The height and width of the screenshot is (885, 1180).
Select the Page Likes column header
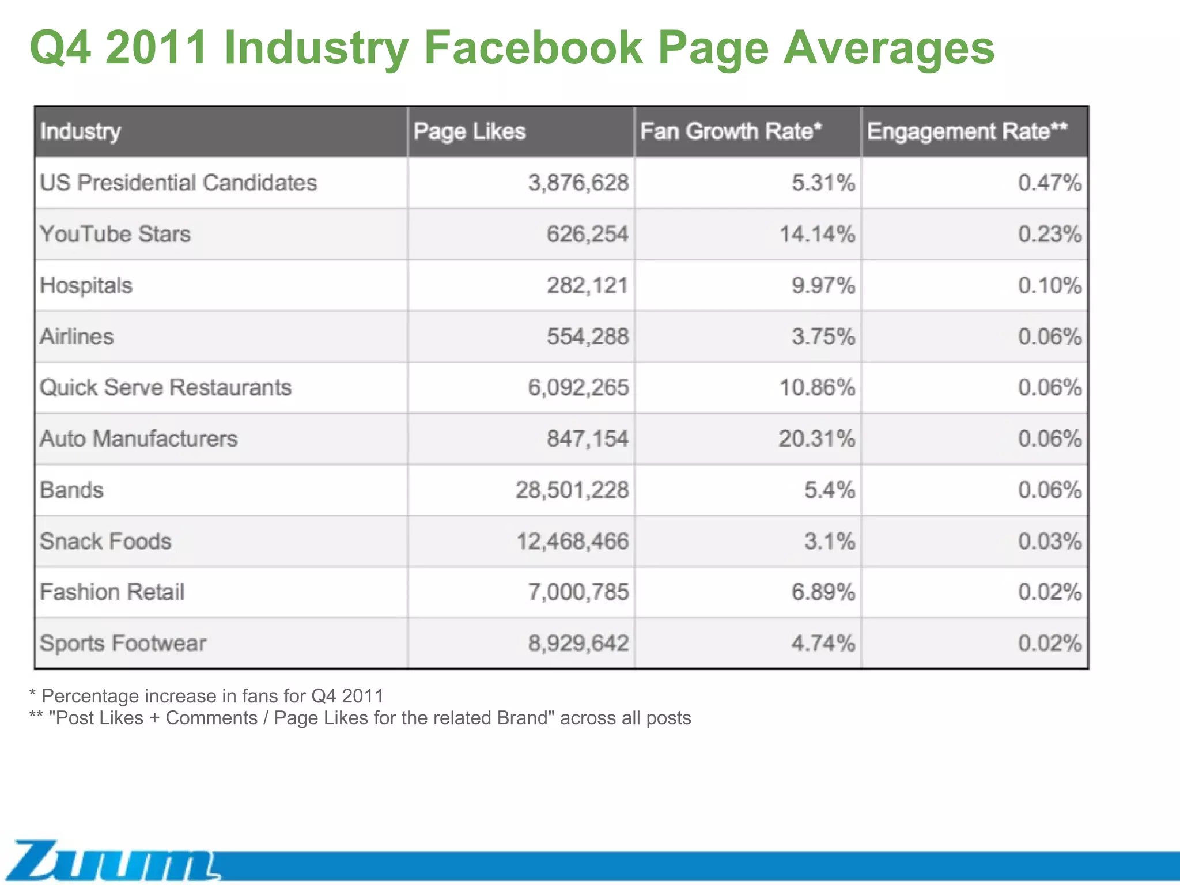pyautogui.click(x=469, y=132)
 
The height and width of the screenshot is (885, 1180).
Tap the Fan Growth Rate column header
pyautogui.click(x=730, y=132)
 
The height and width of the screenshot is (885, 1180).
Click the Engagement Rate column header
pyautogui.click(x=967, y=132)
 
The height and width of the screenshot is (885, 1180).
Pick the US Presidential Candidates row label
pyautogui.click(x=178, y=183)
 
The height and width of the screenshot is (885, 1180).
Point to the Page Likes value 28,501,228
pyautogui.click(x=572, y=490)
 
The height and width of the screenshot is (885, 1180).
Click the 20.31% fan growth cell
pyautogui.click(x=816, y=439)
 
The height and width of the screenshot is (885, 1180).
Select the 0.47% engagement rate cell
pyautogui.click(x=1049, y=183)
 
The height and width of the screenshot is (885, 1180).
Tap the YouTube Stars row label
pyautogui.click(x=115, y=235)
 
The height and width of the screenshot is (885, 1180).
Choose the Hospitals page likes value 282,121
pyautogui.click(x=587, y=286)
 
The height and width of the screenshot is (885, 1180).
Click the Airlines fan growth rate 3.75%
pyautogui.click(x=823, y=337)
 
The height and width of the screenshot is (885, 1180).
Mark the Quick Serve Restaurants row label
pyautogui.click(x=165, y=388)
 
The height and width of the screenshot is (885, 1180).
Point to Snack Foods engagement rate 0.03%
pyautogui.click(x=1049, y=542)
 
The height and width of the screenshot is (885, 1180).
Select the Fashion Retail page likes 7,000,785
pyautogui.click(x=578, y=592)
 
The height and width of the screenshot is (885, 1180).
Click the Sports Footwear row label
pyautogui.click(x=123, y=644)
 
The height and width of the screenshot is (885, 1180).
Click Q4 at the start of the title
pyautogui.click(x=60, y=47)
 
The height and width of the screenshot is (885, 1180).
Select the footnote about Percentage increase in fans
pyautogui.click(x=206, y=696)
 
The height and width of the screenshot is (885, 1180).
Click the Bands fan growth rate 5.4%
pyautogui.click(x=829, y=490)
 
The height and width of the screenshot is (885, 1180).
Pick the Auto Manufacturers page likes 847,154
pyautogui.click(x=587, y=439)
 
